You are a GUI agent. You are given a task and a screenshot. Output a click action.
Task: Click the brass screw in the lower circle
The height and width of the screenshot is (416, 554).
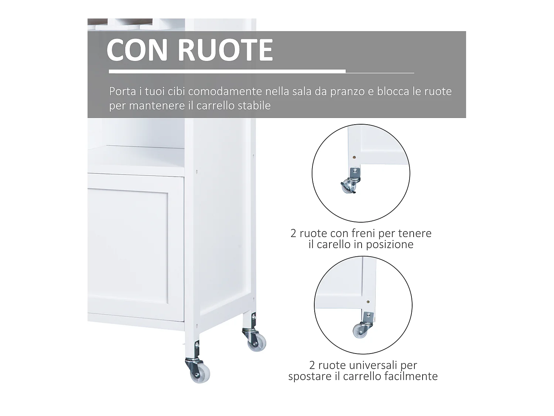368,301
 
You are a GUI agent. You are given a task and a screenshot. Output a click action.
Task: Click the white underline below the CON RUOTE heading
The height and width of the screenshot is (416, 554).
227,71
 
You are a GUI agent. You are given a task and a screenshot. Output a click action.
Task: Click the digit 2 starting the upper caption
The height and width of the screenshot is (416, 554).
294,233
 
